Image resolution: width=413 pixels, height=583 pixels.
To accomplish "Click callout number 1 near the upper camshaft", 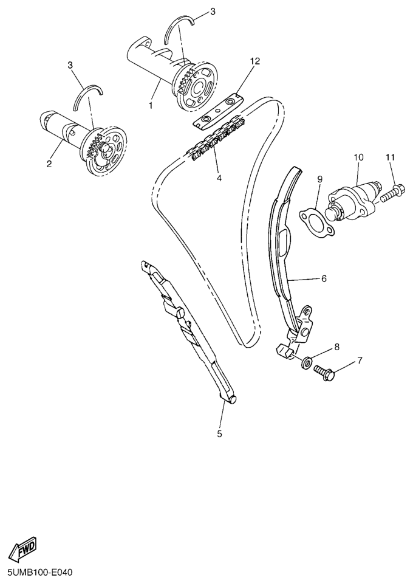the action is coord(151,106).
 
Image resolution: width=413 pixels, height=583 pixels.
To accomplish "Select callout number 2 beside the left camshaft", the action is coord(49,164).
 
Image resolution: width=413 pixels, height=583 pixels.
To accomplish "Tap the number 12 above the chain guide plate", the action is coord(256,61).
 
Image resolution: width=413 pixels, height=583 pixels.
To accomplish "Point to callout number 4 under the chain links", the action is coord(219,179).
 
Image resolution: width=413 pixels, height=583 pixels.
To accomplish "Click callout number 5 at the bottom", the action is coord(219,433).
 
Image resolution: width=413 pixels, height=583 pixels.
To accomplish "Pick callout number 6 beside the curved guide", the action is coord(324,278).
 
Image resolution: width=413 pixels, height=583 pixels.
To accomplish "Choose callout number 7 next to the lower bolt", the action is coord(360,360).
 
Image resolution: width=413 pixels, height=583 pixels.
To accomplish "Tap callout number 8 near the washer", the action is coord(337,347).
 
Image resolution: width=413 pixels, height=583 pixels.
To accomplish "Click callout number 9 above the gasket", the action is coord(319,179).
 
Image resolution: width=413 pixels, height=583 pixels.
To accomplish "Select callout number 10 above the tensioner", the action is coord(358,157).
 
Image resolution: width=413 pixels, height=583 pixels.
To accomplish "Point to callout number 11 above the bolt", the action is coord(390,157).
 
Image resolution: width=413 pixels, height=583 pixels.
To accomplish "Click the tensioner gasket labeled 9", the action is coord(315,223).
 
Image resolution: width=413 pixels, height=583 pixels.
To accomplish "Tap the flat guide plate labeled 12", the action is coord(219,111).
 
